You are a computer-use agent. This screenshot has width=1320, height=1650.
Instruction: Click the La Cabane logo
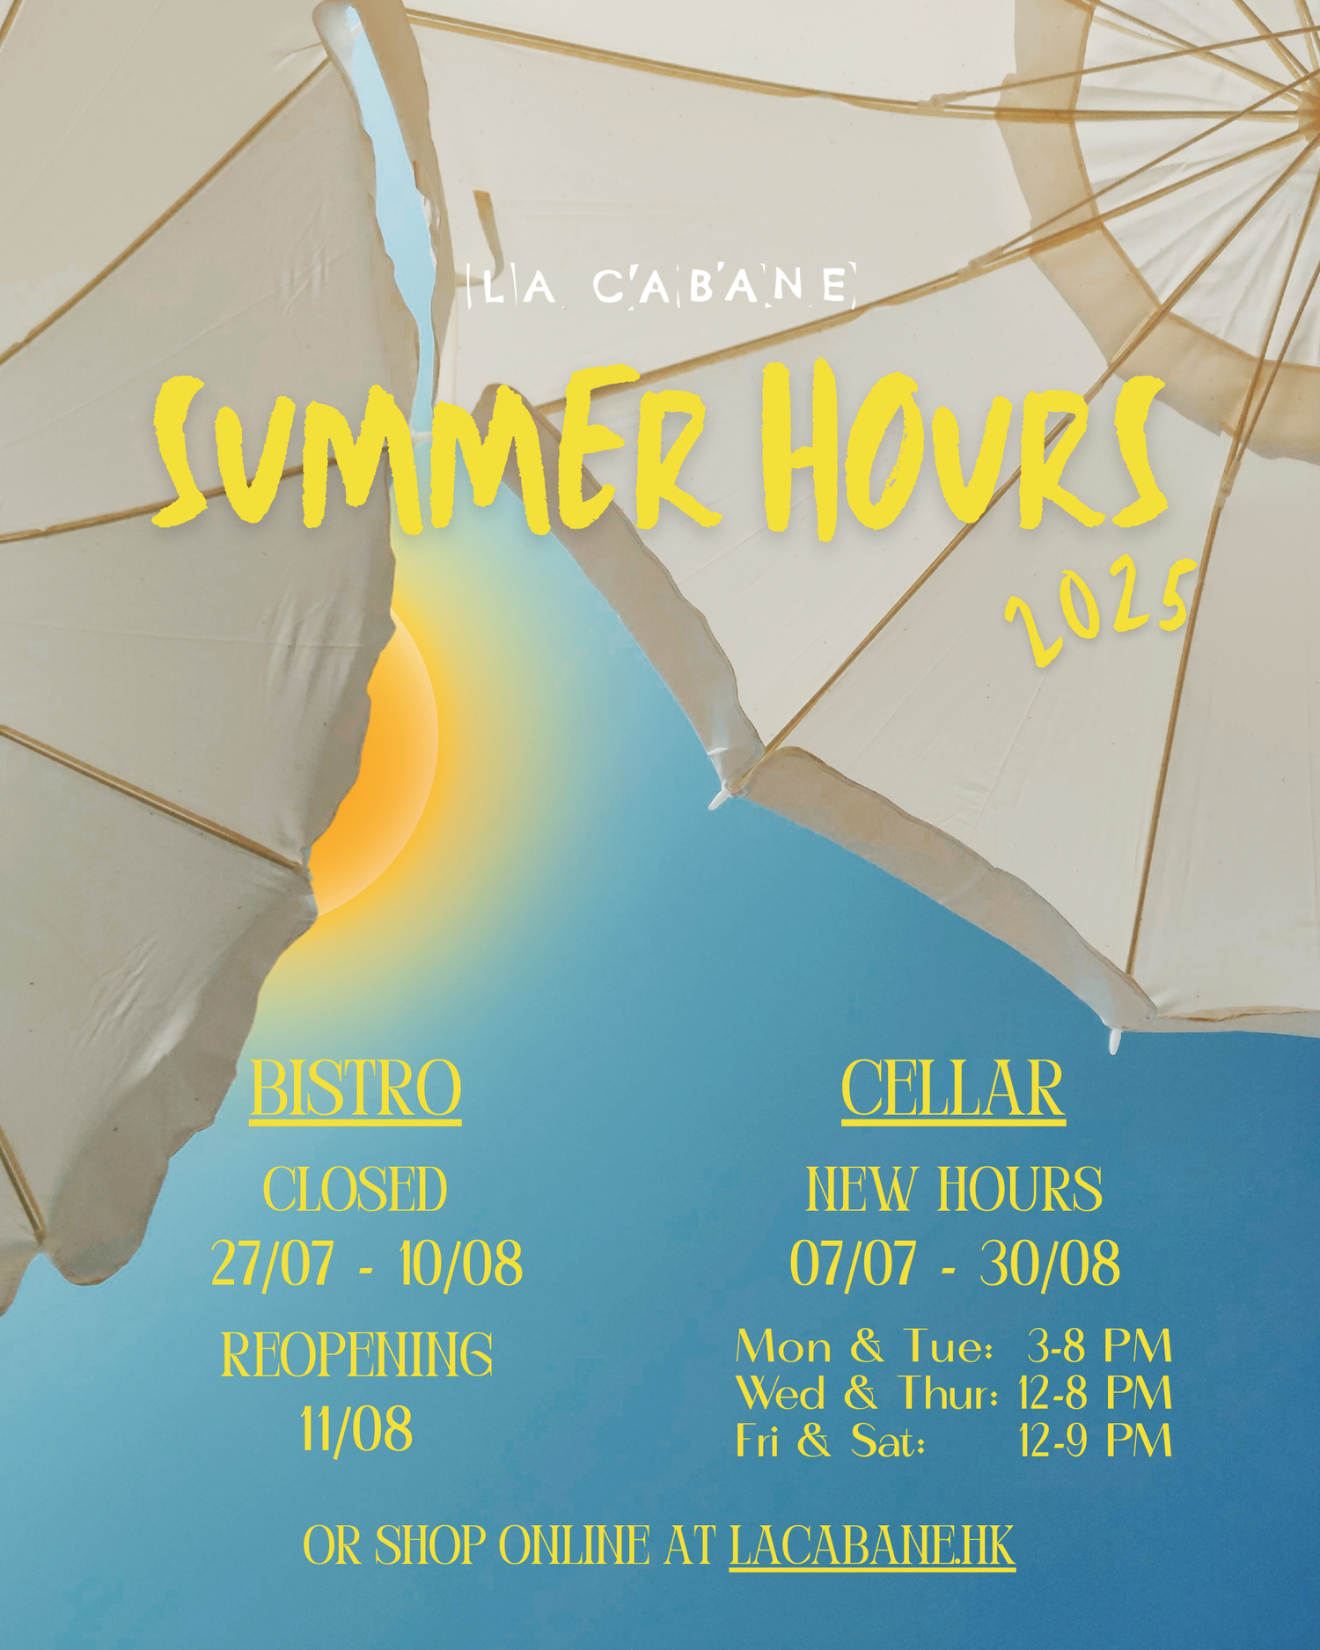pyautogui.click(x=661, y=285)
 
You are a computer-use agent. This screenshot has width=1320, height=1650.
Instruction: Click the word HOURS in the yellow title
pyautogui.click(x=964, y=449)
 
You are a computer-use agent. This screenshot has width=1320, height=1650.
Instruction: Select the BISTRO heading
pyautogui.click(x=356, y=1089)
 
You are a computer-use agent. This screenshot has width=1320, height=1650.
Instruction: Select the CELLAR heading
pyautogui.click(x=953, y=1089)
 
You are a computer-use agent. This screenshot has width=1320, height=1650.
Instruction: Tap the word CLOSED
pyautogui.click(x=356, y=1190)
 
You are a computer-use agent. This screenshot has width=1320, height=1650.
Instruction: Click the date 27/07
pyautogui.click(x=273, y=1264)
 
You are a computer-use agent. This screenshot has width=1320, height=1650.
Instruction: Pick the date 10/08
pyautogui.click(x=460, y=1264)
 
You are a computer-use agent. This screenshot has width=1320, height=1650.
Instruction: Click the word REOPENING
pyautogui.click(x=356, y=1354)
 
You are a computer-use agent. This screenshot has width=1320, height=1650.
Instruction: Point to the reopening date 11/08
pyautogui.click(x=356, y=1430)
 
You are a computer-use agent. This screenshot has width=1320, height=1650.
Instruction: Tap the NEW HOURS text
pyautogui.click(x=954, y=1190)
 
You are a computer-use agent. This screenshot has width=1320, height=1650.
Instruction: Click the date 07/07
pyautogui.click(x=853, y=1264)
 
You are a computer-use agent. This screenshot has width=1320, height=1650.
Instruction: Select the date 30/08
pyautogui.click(x=1050, y=1264)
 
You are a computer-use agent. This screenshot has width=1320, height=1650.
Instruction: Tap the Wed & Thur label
pyautogui.click(x=867, y=1393)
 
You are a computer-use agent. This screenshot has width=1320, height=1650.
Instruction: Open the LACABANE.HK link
pyautogui.click(x=872, y=1546)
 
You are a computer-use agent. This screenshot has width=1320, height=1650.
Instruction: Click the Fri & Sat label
pyautogui.click(x=831, y=1441)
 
